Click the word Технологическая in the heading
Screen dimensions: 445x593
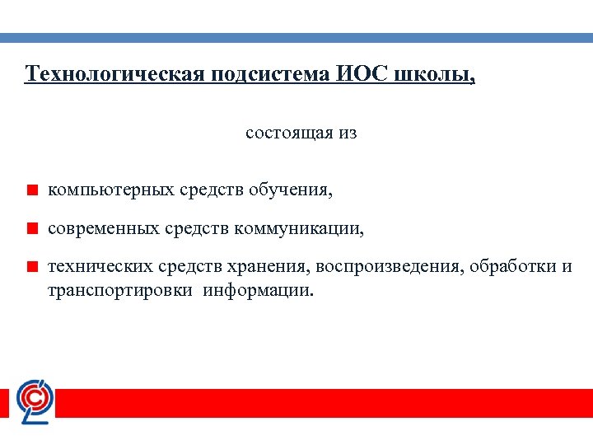[114, 74]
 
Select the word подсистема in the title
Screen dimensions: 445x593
[271, 74]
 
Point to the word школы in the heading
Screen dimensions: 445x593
[436, 75]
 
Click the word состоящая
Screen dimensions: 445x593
[289, 133]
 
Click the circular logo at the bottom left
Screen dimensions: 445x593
[35, 401]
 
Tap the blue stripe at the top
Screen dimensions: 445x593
[296, 38]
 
